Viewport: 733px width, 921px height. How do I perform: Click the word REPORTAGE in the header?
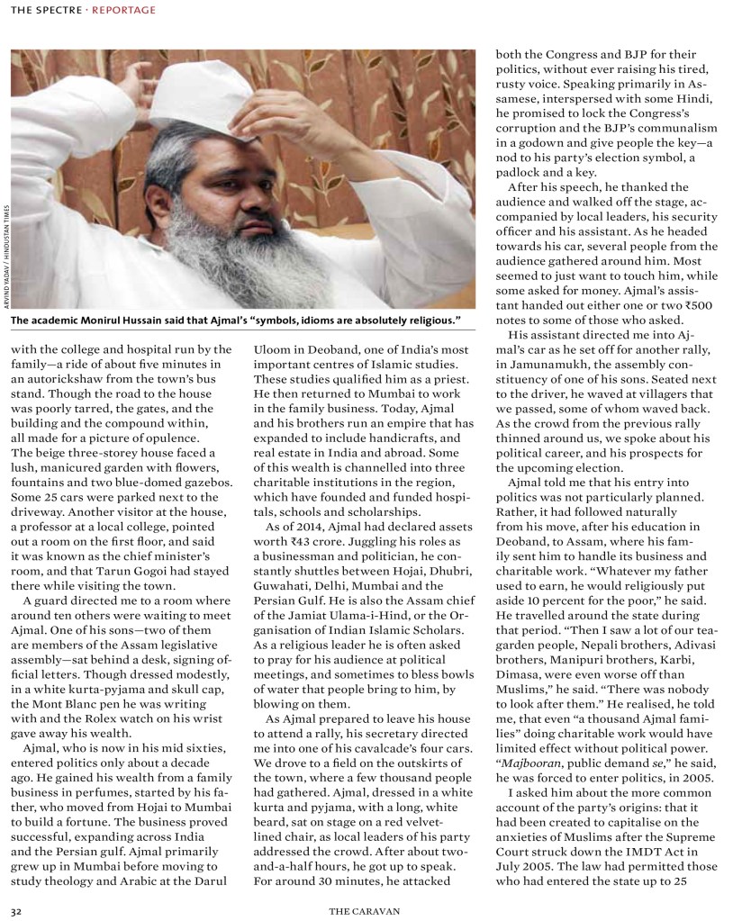coord(125,10)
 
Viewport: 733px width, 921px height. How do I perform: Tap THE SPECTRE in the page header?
coord(47,10)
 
